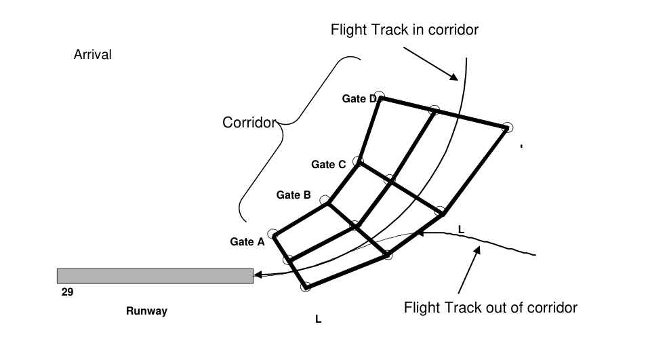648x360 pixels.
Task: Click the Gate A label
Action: pos(247,242)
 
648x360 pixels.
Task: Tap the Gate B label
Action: pos(293,195)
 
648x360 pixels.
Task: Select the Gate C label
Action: pos(329,165)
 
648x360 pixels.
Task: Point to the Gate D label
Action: pos(359,99)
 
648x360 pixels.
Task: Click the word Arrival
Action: pos(93,54)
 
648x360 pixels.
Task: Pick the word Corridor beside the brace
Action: pos(249,122)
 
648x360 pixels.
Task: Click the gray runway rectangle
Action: pos(155,276)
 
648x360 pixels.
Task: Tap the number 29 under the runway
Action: pos(67,292)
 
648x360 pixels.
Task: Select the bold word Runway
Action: pos(146,311)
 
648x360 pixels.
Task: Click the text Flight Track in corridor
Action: pos(405,30)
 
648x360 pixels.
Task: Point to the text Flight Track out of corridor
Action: pos(491,308)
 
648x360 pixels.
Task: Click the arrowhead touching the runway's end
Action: pos(258,275)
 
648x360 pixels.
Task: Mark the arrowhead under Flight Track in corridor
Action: pos(453,77)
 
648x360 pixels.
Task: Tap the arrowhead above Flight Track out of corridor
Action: pos(477,250)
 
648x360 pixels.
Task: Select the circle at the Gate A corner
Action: pos(272,234)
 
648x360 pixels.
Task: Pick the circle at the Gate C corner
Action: pos(358,161)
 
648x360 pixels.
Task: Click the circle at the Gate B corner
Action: pos(325,201)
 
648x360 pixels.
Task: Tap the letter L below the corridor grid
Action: pos(318,319)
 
